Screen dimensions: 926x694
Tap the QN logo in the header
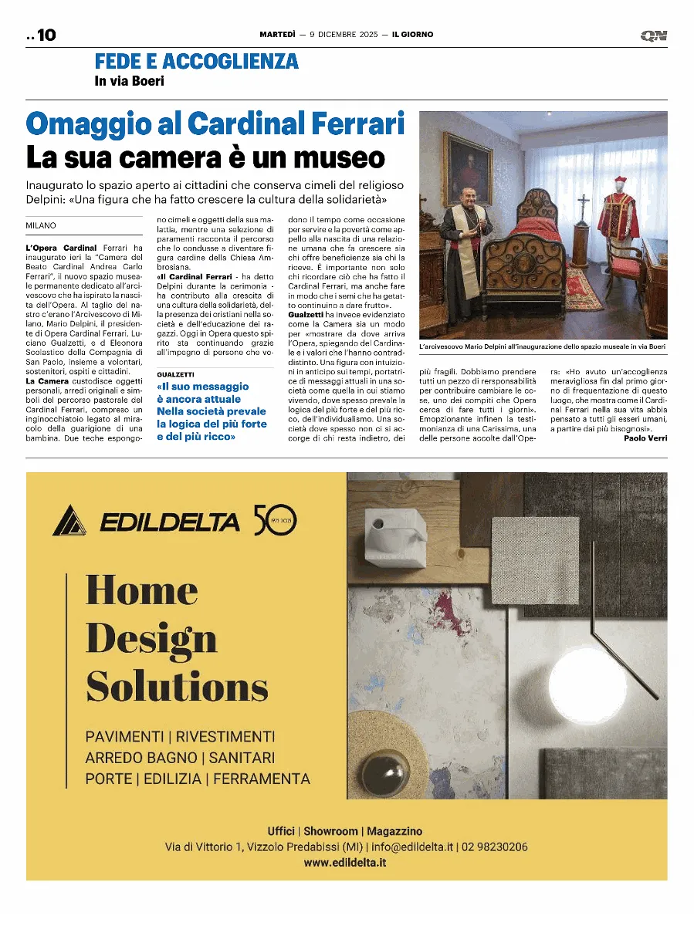point(653,35)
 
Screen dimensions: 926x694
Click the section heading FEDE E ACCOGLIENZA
point(196,61)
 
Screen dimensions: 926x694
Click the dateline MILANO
point(41,225)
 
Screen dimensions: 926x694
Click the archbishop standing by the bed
point(466,255)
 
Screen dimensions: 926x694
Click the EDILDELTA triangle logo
point(72,521)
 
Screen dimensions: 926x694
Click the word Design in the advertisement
point(151,639)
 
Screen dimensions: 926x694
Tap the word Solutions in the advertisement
point(177,686)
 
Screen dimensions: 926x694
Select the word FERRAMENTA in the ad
point(262,779)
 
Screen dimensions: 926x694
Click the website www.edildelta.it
point(344,862)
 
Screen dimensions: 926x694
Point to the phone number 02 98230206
point(495,847)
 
